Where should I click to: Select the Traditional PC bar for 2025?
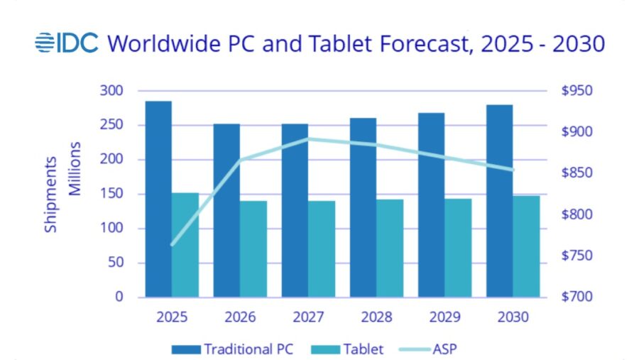tap(158, 199)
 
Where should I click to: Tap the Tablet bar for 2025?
tap(185, 244)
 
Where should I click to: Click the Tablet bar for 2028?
tap(390, 248)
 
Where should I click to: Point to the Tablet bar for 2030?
tap(526, 246)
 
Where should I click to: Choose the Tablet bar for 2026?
tap(253, 249)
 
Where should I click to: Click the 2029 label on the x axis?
tap(444, 317)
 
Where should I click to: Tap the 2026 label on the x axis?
tap(240, 317)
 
